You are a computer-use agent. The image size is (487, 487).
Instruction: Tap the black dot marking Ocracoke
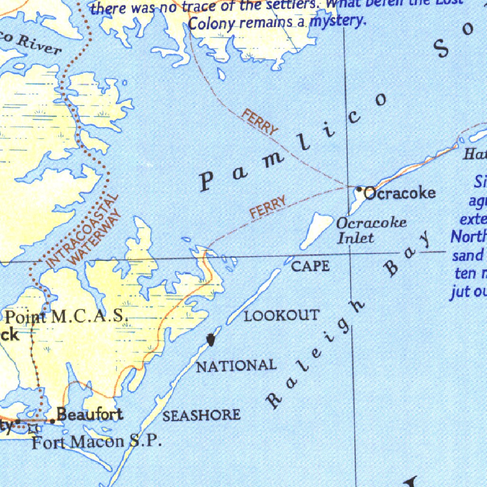point(359,189)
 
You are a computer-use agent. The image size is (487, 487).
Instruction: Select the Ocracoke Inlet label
point(371,230)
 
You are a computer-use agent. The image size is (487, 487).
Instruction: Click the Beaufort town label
point(89,415)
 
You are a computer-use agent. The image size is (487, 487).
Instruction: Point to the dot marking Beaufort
point(53,421)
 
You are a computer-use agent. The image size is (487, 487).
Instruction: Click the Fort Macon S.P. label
point(97,442)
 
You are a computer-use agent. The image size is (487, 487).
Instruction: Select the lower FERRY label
point(269,207)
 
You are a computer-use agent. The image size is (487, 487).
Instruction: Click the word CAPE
point(310,266)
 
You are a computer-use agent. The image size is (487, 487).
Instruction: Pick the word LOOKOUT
point(282,315)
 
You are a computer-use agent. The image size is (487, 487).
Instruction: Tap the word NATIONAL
point(236,366)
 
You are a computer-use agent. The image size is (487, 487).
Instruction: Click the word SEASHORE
point(201,415)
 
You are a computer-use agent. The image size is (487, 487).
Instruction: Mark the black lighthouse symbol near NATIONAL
point(211,340)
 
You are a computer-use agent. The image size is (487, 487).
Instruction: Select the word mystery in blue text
point(338,20)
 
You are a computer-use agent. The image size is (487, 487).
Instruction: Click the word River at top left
point(40,46)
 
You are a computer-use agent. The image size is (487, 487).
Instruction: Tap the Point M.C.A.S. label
point(67,316)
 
